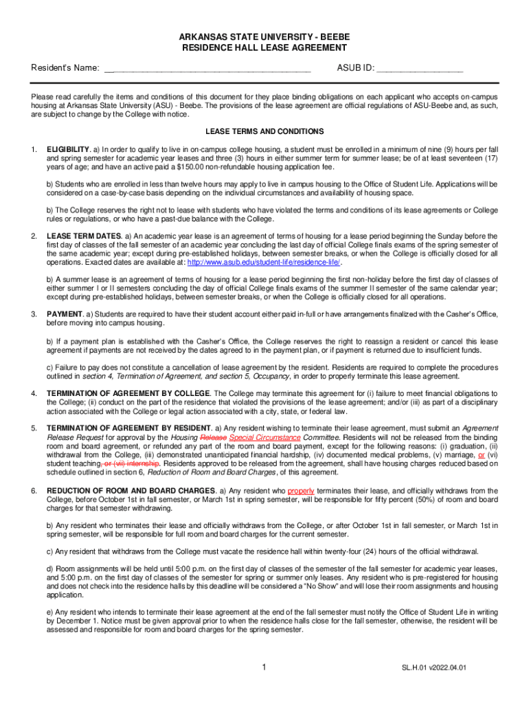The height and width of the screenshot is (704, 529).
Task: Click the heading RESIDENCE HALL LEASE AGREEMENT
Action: pyautogui.click(x=264, y=48)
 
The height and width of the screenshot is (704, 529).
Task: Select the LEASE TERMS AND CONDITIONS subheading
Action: pyautogui.click(x=264, y=131)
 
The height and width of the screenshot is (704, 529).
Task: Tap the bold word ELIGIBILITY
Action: pyautogui.click(x=68, y=149)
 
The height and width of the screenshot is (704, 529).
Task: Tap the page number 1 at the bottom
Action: pyautogui.click(x=264, y=667)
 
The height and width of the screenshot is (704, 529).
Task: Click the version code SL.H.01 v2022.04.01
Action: pyautogui.click(x=434, y=668)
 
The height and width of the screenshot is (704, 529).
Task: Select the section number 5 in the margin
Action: pyautogui.click(x=34, y=428)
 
